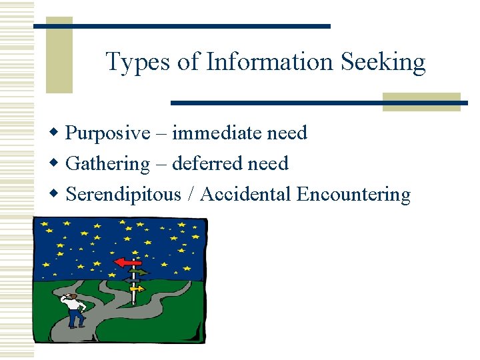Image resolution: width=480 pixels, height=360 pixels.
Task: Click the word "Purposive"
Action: pos(108,133)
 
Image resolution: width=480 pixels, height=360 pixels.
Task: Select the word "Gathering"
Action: pos(108,164)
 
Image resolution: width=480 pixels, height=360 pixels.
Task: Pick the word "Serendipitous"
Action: pos(123,195)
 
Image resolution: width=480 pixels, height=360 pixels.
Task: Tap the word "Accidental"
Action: pos(245,194)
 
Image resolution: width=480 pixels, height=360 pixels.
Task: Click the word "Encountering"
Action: pos(353,195)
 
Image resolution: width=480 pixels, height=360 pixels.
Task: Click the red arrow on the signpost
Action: pos(126,263)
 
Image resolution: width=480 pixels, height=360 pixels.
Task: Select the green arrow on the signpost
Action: pos(139,273)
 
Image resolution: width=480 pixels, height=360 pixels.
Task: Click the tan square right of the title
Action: pos(421,101)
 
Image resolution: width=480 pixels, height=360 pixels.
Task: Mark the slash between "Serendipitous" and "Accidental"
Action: pos(191,195)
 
